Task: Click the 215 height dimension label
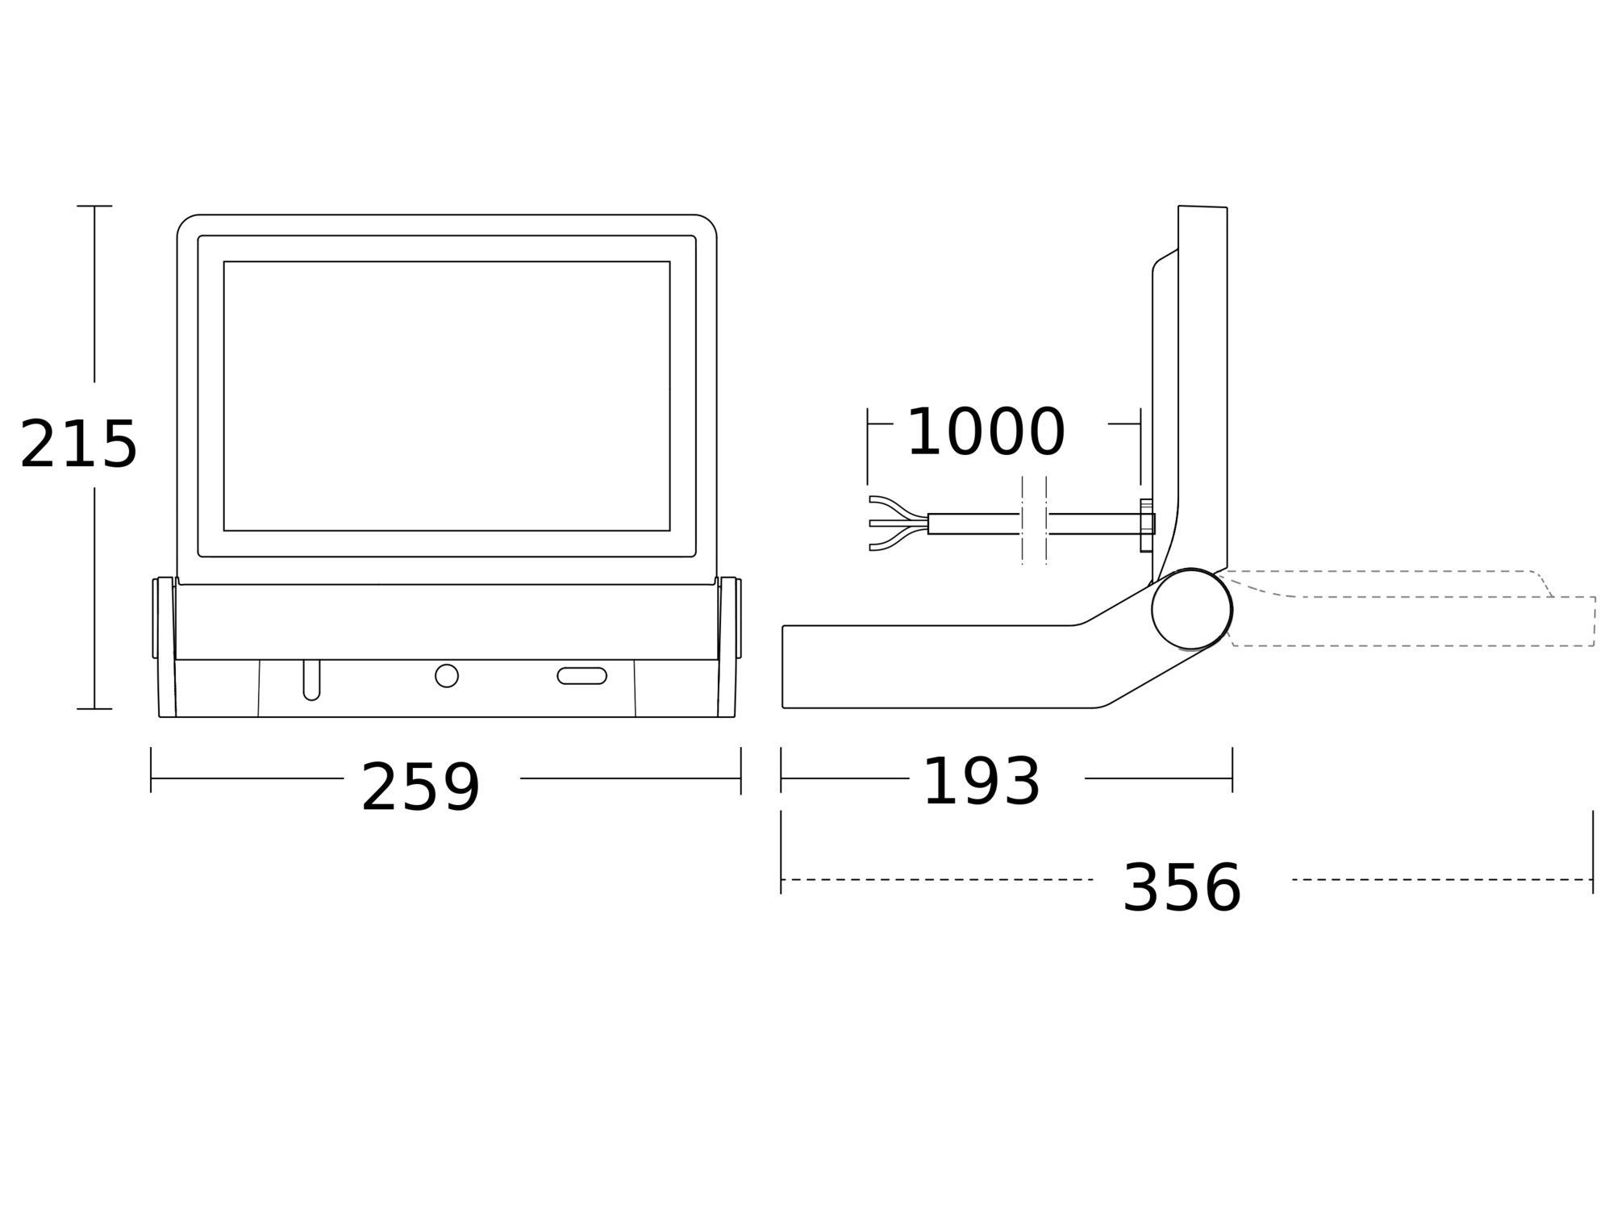coord(78,444)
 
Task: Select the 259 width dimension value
coord(420,787)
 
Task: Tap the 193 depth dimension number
coord(981,782)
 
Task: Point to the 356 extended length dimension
coord(1182,888)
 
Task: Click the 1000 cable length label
coord(986,432)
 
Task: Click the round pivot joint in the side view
coord(1192,609)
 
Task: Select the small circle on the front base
coord(447,676)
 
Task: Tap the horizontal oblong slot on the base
coord(582,676)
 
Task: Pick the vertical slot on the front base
coord(311,680)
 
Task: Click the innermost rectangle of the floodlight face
coord(447,396)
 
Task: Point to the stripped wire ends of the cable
coord(898,524)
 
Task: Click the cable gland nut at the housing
coord(1147,525)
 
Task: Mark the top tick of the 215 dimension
coord(94,206)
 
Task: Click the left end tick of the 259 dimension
coord(151,770)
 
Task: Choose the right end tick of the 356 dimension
coord(1593,852)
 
